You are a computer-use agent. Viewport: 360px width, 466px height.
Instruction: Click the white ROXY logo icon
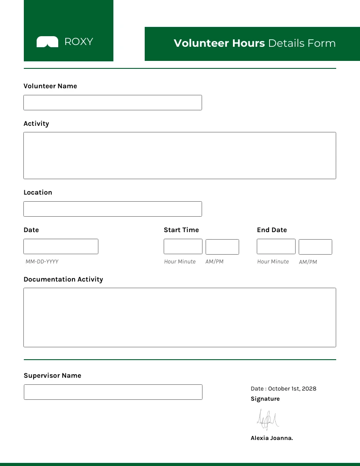47,42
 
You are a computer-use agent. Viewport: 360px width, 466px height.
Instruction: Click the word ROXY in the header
79,42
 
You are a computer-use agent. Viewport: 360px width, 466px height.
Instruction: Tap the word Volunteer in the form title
195,43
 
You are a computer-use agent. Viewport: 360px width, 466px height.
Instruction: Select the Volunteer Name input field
112,102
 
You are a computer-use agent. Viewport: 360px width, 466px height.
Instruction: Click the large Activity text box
180,155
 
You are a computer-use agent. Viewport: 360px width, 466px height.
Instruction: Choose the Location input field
112,209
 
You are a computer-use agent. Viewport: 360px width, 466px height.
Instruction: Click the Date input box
61,246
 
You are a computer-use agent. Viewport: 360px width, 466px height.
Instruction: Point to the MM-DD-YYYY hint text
42,262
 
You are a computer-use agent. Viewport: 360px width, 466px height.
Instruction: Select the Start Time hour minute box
183,247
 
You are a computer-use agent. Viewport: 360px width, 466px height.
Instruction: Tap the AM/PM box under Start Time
222,247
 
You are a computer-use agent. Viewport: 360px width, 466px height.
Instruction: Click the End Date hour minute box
276,247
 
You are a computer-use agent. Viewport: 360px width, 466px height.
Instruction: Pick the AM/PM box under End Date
315,247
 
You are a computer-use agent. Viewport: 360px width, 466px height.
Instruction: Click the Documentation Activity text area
180,317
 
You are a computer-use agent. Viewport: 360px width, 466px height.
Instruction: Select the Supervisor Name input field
113,392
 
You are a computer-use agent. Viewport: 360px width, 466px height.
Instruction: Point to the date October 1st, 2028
292,389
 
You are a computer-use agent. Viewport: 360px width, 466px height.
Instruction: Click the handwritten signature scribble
268,419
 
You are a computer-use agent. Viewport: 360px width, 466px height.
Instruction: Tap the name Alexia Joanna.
272,438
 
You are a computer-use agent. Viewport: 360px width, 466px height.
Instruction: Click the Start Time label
181,230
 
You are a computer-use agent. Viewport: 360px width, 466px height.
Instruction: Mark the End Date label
272,230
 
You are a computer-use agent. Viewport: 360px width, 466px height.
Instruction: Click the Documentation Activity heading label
63,279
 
